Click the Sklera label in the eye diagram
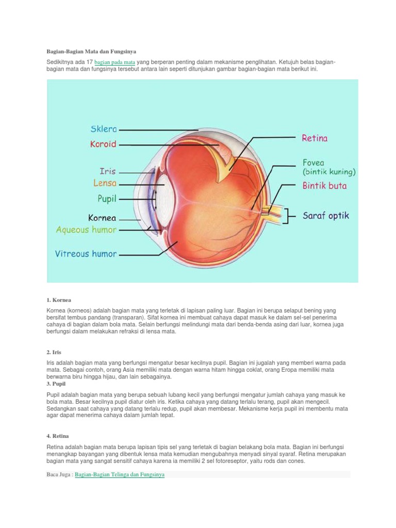tap(104, 129)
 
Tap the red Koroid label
tap(103, 145)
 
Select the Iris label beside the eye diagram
tap(108, 171)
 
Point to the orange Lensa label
tap(105, 183)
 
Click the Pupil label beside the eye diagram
tap(107, 197)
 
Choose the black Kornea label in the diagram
tap(102, 218)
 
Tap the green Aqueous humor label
tap(87, 230)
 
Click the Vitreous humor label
tap(86, 254)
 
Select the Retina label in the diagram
tap(315, 138)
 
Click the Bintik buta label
tap(325, 186)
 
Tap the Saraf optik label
tap(326, 216)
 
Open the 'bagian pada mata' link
tap(115, 62)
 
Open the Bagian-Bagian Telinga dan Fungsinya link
tap(120, 474)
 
